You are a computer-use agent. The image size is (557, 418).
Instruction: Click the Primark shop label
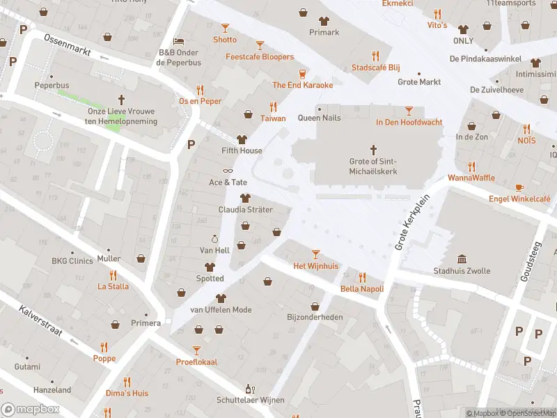click(324, 32)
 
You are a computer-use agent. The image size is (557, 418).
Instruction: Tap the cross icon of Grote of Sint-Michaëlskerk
click(373, 149)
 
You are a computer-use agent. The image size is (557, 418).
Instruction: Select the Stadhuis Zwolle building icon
click(462, 258)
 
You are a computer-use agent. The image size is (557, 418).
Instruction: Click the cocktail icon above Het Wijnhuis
click(315, 254)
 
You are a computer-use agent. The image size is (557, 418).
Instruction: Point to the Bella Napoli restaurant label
click(362, 288)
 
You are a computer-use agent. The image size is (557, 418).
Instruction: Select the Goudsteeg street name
click(531, 258)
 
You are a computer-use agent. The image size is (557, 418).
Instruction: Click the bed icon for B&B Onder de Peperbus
click(178, 41)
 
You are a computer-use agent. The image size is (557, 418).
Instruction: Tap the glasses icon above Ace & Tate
click(227, 171)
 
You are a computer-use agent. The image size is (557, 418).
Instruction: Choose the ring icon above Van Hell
click(214, 239)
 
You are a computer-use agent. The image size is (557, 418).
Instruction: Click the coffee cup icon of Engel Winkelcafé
click(519, 187)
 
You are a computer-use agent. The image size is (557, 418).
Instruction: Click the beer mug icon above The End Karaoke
click(302, 73)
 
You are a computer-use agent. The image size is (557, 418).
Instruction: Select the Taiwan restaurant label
click(273, 118)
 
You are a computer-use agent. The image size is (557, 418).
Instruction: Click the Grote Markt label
click(419, 82)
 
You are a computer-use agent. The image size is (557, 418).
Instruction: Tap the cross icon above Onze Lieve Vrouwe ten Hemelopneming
click(122, 100)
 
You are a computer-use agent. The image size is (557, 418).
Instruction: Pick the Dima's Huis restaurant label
click(126, 393)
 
